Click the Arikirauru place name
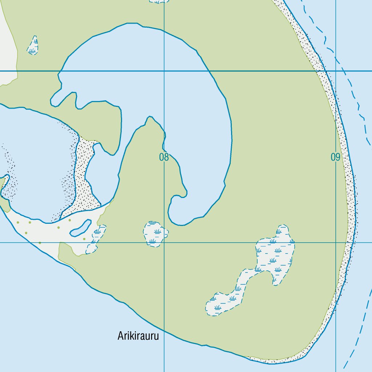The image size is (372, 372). (x=138, y=336)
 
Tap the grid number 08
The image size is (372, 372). (x=164, y=157)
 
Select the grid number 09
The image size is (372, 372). (x=335, y=157)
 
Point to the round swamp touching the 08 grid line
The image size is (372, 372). (x=155, y=234)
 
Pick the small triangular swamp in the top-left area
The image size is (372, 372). (x=33, y=46)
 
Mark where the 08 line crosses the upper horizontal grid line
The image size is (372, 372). (x=164, y=71)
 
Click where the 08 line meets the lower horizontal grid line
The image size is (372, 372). (x=164, y=242)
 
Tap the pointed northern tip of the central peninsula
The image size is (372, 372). (x=149, y=118)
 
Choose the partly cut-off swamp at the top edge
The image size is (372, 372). (x=159, y=1)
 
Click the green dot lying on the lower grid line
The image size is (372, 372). (x=40, y=243)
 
